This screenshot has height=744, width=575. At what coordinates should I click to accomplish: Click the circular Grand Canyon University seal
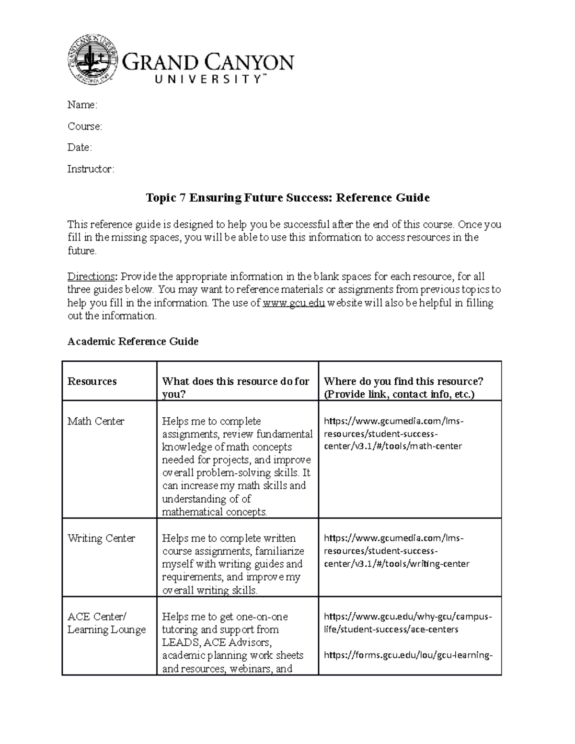[x=92, y=60]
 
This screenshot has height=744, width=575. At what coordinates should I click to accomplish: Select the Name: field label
[x=82, y=105]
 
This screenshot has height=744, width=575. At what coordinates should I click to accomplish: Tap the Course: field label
[x=84, y=126]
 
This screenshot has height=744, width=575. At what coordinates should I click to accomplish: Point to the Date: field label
[x=80, y=148]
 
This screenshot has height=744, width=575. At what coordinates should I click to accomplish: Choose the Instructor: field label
[x=91, y=169]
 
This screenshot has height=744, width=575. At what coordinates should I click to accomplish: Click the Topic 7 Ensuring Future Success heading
[x=287, y=198]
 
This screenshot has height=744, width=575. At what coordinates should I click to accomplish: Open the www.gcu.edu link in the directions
[x=294, y=303]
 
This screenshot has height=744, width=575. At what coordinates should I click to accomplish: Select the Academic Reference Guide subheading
[x=133, y=342]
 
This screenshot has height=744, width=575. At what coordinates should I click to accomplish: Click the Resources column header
[x=92, y=381]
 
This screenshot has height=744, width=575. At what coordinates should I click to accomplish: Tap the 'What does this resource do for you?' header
[x=235, y=388]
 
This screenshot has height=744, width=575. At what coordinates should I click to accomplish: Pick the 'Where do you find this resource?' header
[x=403, y=388]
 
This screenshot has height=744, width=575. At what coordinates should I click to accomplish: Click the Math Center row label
[x=96, y=422]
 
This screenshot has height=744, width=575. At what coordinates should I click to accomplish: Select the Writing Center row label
[x=101, y=538]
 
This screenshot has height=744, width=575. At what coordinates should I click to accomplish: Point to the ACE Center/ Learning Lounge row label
[x=106, y=623]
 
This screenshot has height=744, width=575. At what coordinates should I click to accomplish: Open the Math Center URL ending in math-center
[x=393, y=434]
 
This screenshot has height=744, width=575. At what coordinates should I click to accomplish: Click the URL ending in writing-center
[x=396, y=551]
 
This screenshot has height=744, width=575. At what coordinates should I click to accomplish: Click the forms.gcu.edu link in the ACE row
[x=408, y=655]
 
